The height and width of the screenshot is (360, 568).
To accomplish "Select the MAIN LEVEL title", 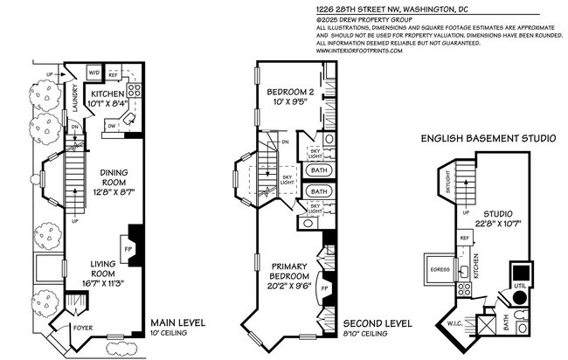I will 177,322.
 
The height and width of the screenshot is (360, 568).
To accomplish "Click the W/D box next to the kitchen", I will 94,73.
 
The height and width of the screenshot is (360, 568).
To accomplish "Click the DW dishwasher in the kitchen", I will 113,123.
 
